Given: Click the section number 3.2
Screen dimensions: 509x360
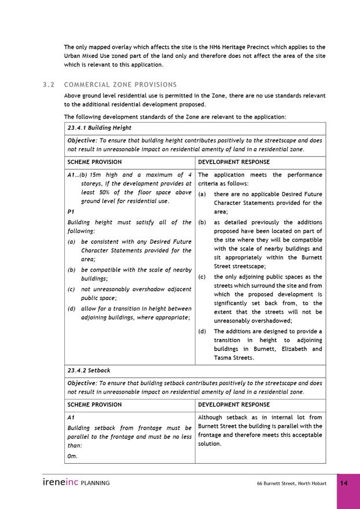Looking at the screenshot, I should coord(48,85).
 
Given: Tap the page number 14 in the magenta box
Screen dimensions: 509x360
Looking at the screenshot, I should coord(344,483).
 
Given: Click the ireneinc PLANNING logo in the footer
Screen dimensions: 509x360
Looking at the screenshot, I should coord(76,482).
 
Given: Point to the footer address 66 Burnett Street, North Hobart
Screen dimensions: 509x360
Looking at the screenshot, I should coord(292,484).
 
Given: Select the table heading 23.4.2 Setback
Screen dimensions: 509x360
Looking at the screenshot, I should coord(89,370).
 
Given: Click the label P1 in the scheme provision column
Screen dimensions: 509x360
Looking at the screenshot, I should coord(71,211).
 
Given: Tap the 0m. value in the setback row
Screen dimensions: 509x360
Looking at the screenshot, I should coord(72,456).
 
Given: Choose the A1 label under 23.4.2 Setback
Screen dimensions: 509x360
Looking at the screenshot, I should coord(71,417).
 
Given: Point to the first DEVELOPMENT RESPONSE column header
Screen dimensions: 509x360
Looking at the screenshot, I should coord(234,162).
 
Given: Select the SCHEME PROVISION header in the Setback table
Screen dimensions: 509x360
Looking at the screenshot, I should coord(94,404).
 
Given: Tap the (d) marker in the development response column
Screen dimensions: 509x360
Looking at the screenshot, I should coord(202,332).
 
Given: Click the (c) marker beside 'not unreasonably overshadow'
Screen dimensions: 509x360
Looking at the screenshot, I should coord(71,289).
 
